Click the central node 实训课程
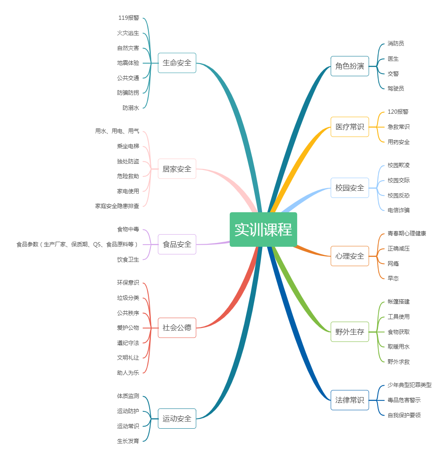click(x=263, y=229)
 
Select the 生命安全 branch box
click(x=177, y=63)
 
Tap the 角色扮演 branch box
click(x=349, y=66)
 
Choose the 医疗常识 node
click(x=349, y=127)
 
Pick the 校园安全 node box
click(x=349, y=188)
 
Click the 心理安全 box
click(x=349, y=256)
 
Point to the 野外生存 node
click(x=349, y=331)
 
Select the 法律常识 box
click(x=349, y=400)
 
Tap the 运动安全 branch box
click(x=177, y=419)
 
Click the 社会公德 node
click(x=177, y=328)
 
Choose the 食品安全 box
click(x=177, y=244)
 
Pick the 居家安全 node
click(x=177, y=169)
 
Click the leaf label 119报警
click(x=129, y=18)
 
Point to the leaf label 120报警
click(x=398, y=112)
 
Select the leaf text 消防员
click(x=396, y=43)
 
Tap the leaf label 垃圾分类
click(x=128, y=298)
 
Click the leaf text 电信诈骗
click(x=398, y=210)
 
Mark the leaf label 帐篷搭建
click(x=398, y=302)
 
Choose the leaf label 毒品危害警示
click(x=404, y=400)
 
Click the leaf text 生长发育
click(x=128, y=441)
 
